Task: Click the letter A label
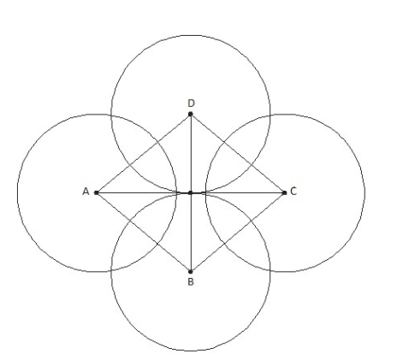(86, 192)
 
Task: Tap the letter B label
(191, 281)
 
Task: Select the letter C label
(293, 191)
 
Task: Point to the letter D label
(191, 103)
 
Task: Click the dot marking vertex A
(97, 193)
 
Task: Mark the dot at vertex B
(191, 272)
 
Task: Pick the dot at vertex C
(284, 193)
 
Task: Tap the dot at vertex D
(191, 114)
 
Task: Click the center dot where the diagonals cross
(191, 193)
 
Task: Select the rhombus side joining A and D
(144, 153)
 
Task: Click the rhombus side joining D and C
(237, 153)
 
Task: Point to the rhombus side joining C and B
(237, 233)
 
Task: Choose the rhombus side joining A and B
(144, 233)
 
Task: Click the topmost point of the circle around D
(191, 35)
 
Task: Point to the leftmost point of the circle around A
(17, 193)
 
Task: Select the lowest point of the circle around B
(191, 351)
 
